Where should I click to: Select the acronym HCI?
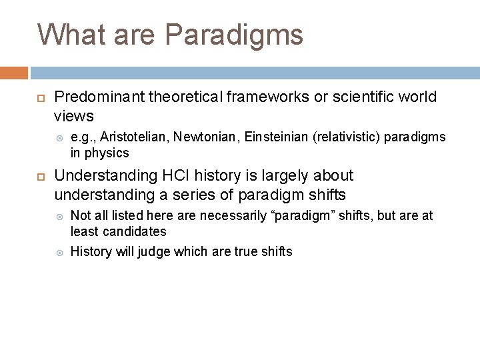click(171, 176)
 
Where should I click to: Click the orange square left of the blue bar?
click(14, 73)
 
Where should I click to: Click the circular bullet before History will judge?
click(58, 252)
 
